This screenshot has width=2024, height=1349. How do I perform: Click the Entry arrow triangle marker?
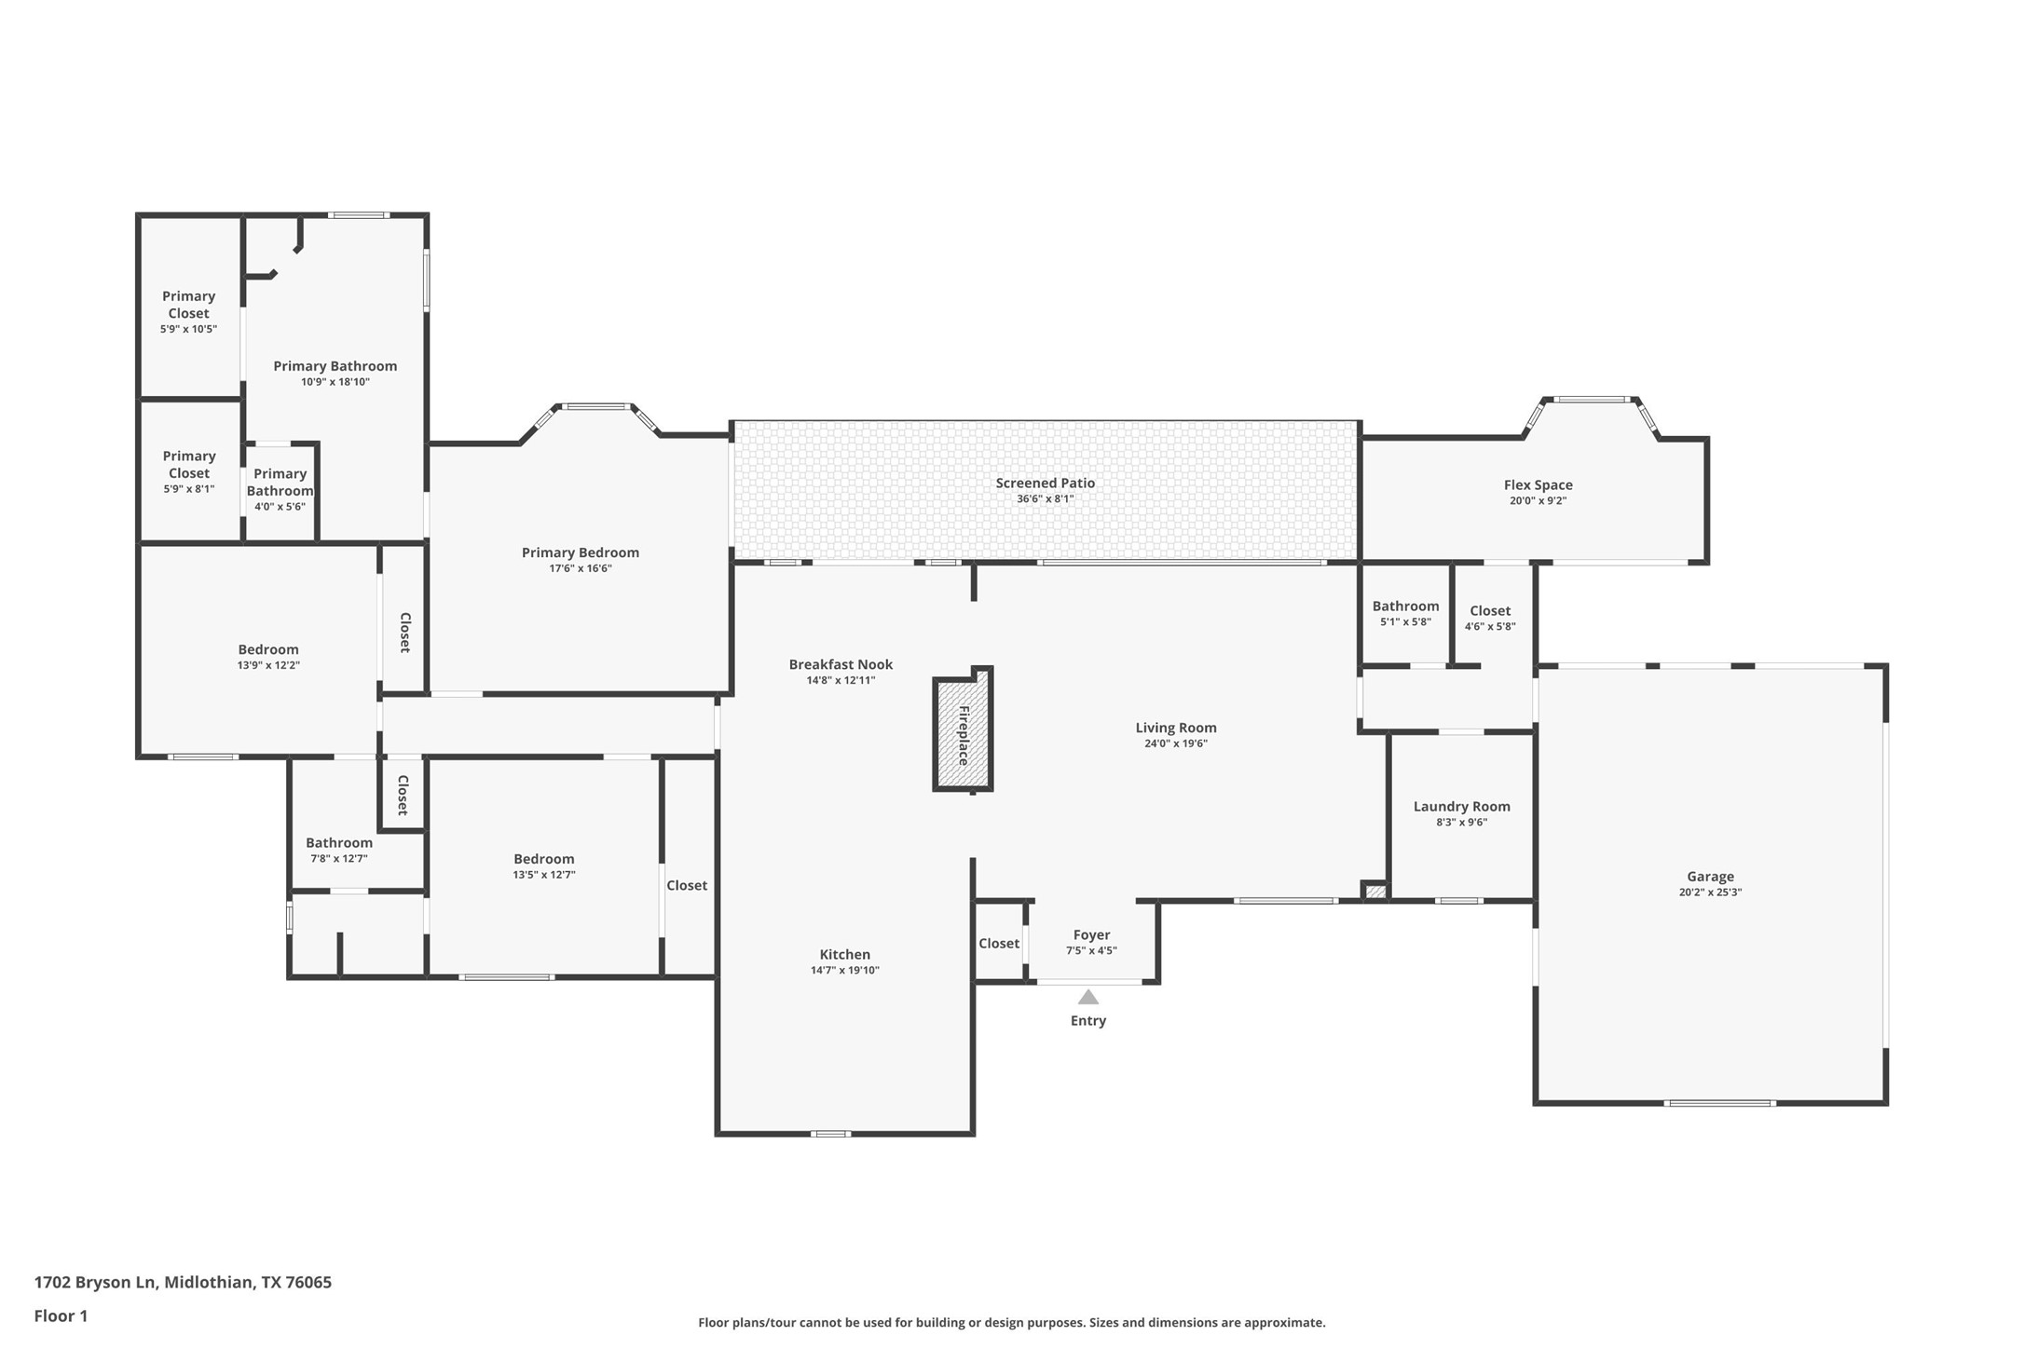[x=1087, y=997]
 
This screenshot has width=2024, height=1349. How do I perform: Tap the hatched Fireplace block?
[x=963, y=735]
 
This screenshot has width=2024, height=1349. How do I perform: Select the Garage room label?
[x=1710, y=876]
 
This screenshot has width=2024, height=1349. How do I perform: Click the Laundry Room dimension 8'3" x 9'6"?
[x=1461, y=822]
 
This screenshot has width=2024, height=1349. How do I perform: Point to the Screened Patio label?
[x=1045, y=483]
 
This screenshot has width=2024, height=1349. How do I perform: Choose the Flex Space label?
[x=1538, y=484]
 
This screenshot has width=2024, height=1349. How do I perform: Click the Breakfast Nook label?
[x=841, y=664]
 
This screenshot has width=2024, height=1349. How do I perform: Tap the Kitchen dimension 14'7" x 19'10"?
[x=844, y=970]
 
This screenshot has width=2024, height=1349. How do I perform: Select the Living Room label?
[x=1175, y=728]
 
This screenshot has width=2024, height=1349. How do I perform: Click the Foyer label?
[x=1091, y=934]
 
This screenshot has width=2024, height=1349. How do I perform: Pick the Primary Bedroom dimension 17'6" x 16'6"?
[x=580, y=568]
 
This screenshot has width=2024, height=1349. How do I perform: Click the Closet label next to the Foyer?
[x=998, y=944]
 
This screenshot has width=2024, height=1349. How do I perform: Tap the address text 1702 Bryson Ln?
[x=95, y=1282]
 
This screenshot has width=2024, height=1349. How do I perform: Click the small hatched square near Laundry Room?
[x=1374, y=892]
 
